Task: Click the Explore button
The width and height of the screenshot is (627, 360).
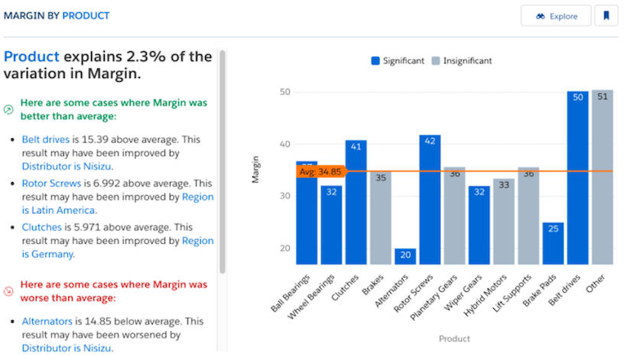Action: [555, 16]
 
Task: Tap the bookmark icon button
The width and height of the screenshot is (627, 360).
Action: [606, 16]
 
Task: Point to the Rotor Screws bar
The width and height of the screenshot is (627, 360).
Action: [429, 199]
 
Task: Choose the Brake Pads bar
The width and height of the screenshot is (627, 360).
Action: [553, 243]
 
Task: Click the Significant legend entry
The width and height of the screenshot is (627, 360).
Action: [397, 61]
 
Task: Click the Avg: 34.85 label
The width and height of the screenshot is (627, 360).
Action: [320, 171]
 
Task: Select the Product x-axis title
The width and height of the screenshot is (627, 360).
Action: [454, 339]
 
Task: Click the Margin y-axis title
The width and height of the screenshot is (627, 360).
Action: [257, 170]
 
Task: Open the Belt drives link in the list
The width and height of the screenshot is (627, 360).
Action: [45, 140]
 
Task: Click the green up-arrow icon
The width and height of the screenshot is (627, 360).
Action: [9, 109]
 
